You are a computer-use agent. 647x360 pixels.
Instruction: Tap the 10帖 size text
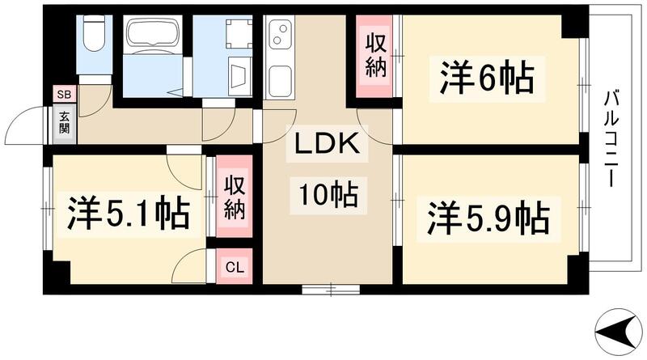[327, 195]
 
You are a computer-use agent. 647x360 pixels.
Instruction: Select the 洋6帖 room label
[486, 78]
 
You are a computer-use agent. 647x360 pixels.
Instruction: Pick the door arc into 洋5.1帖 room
[184, 166]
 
